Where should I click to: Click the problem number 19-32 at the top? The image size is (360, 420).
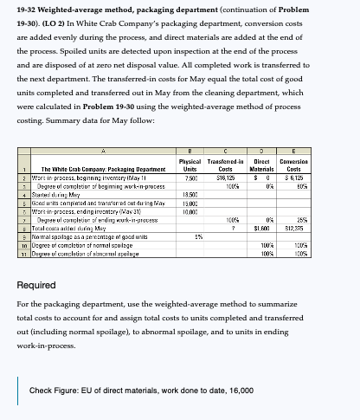33,10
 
